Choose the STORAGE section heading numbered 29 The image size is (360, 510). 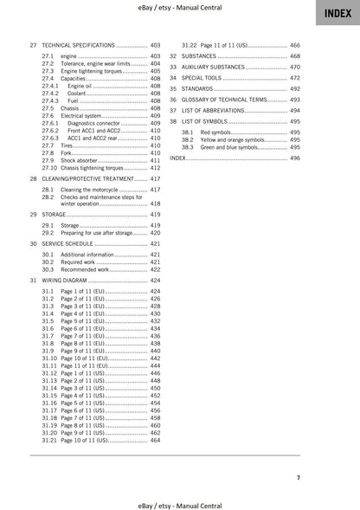click(x=56, y=213)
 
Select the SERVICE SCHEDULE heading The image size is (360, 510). click(x=70, y=244)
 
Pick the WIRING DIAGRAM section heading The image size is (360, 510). click(x=67, y=281)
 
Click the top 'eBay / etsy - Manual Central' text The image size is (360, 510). click(x=180, y=7)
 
